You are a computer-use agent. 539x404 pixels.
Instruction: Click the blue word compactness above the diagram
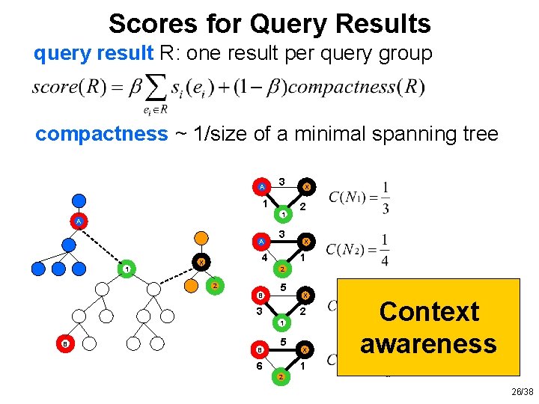[x=102, y=134]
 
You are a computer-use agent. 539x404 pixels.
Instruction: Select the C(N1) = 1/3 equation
[x=360, y=198]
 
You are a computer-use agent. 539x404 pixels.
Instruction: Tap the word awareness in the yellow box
[x=428, y=343]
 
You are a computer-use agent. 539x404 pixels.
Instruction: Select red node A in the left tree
[x=77, y=221]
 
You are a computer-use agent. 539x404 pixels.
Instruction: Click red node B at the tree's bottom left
[x=66, y=343]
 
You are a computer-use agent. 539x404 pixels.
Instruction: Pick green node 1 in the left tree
[x=128, y=269]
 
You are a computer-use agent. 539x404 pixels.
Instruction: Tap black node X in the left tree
[x=201, y=262]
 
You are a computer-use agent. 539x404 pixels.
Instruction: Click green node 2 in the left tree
[x=214, y=286]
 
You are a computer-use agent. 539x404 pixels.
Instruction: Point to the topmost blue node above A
[x=77, y=200]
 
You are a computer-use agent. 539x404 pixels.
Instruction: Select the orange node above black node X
[x=201, y=238]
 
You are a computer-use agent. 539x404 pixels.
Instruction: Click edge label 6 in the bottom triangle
[x=258, y=366]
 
